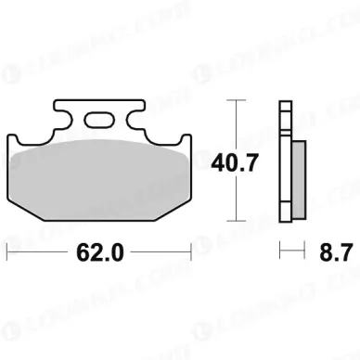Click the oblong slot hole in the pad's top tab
(100, 118)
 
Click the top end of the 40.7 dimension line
(239, 99)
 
